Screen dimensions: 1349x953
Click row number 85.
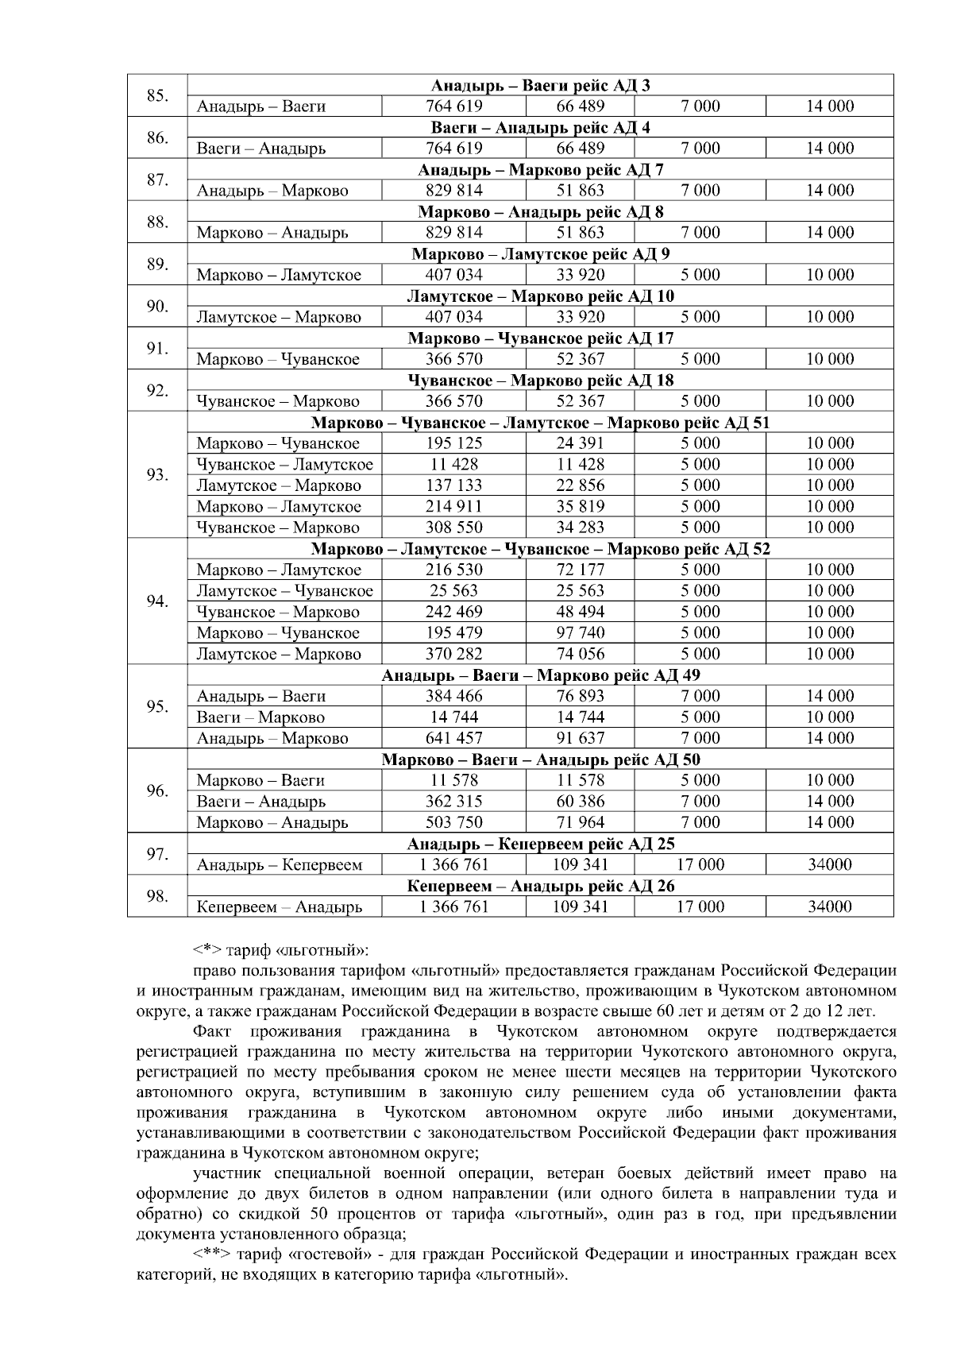(x=157, y=96)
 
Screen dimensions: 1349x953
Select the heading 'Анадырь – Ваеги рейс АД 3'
(x=540, y=85)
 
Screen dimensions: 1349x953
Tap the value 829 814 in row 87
(x=453, y=191)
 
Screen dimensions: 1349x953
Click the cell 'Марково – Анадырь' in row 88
(x=272, y=233)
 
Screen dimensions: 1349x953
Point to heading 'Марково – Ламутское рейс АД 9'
(x=540, y=254)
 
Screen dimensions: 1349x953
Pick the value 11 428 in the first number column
(x=453, y=465)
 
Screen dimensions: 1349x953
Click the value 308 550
(x=453, y=528)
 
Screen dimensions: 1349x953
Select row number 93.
(x=157, y=475)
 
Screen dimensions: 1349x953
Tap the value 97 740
(x=580, y=633)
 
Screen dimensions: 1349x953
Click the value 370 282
(x=453, y=654)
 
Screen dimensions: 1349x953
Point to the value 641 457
(x=453, y=738)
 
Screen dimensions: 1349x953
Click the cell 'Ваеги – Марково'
(x=260, y=717)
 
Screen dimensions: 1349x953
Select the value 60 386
(x=580, y=802)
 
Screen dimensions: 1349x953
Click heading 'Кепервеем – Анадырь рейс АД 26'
(x=540, y=887)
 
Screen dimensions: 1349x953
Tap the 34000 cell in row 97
(x=830, y=865)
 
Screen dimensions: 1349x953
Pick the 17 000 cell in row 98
(x=700, y=907)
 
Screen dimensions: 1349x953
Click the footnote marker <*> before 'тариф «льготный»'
(x=208, y=950)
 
